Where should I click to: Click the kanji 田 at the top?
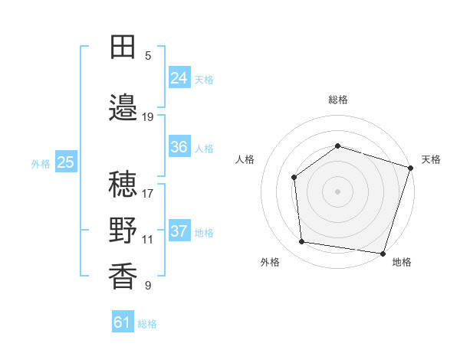coord(123,48)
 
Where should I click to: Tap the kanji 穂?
coord(123,184)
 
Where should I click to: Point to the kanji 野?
coord(123,231)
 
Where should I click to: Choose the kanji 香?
coord(123,277)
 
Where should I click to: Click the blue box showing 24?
coord(179,78)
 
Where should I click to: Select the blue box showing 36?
coord(179,147)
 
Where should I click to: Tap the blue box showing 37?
coord(179,231)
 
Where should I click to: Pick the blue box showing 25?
coord(66,162)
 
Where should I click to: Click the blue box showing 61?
coord(123,322)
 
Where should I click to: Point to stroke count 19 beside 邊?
coord(148,117)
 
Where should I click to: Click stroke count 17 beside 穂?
coord(148,193)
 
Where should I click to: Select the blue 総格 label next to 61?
coord(147,324)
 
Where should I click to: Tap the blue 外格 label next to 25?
coord(41,163)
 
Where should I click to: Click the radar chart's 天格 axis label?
coord(431,159)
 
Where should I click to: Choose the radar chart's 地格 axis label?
coord(402,262)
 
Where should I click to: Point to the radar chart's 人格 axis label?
coord(245,159)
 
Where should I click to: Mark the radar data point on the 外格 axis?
coord(302,242)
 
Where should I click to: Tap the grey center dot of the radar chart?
coord(337,191)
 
